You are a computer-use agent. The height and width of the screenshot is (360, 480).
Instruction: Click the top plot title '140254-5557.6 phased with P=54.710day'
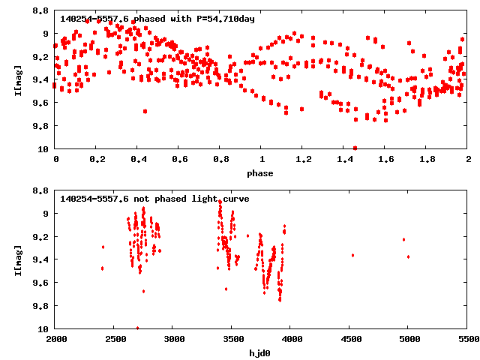pyautogui.click(x=157, y=18)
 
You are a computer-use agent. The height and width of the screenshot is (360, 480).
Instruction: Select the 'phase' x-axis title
pyautogui.click(x=262, y=173)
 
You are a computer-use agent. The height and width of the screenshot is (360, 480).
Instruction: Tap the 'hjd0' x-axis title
pyautogui.click(x=262, y=352)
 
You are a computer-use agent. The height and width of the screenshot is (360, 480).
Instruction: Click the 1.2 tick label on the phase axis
pyautogui.click(x=303, y=160)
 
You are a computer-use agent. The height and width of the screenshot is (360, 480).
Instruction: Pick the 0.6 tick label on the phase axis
pyautogui.click(x=179, y=160)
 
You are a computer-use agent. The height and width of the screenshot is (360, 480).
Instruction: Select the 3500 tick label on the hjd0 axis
pyautogui.click(x=232, y=340)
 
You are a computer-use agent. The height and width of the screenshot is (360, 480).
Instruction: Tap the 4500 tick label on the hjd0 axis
pyautogui.click(x=350, y=340)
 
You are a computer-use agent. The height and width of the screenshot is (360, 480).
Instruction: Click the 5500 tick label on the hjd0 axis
pyautogui.click(x=468, y=340)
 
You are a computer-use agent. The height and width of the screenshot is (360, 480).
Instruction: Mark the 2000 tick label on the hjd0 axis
pyautogui.click(x=56, y=340)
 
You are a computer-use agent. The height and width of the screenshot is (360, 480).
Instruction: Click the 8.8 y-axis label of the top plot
pyautogui.click(x=40, y=11)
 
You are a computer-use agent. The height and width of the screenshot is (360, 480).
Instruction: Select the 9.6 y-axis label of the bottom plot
pyautogui.click(x=40, y=283)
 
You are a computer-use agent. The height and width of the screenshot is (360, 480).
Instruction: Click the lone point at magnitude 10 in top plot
pyautogui.click(x=355, y=148)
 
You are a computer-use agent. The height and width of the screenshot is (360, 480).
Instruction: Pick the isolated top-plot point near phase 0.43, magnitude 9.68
pyautogui.click(x=145, y=111)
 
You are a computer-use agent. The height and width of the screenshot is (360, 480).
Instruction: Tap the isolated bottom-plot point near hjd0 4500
pyautogui.click(x=352, y=255)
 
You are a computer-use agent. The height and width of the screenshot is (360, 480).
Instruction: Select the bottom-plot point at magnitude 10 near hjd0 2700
pyautogui.click(x=137, y=328)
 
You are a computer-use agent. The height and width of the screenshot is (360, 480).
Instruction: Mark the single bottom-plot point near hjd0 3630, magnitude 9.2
pyautogui.click(x=247, y=235)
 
